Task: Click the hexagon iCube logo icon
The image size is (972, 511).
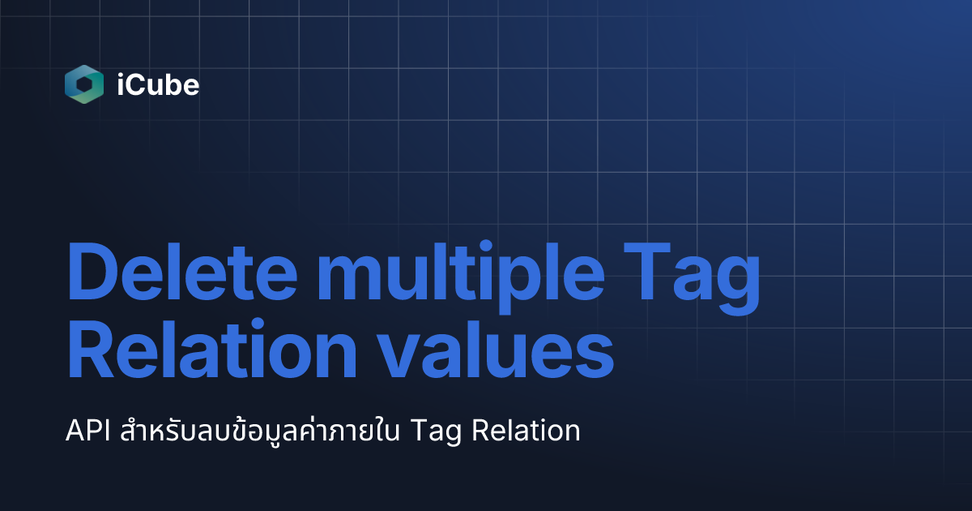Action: pyautogui.click(x=84, y=84)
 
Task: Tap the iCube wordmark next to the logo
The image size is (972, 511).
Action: pyautogui.click(x=157, y=85)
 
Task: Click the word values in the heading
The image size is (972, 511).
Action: pyautogui.click(x=501, y=350)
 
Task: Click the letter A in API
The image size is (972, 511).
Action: pyautogui.click(x=75, y=431)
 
